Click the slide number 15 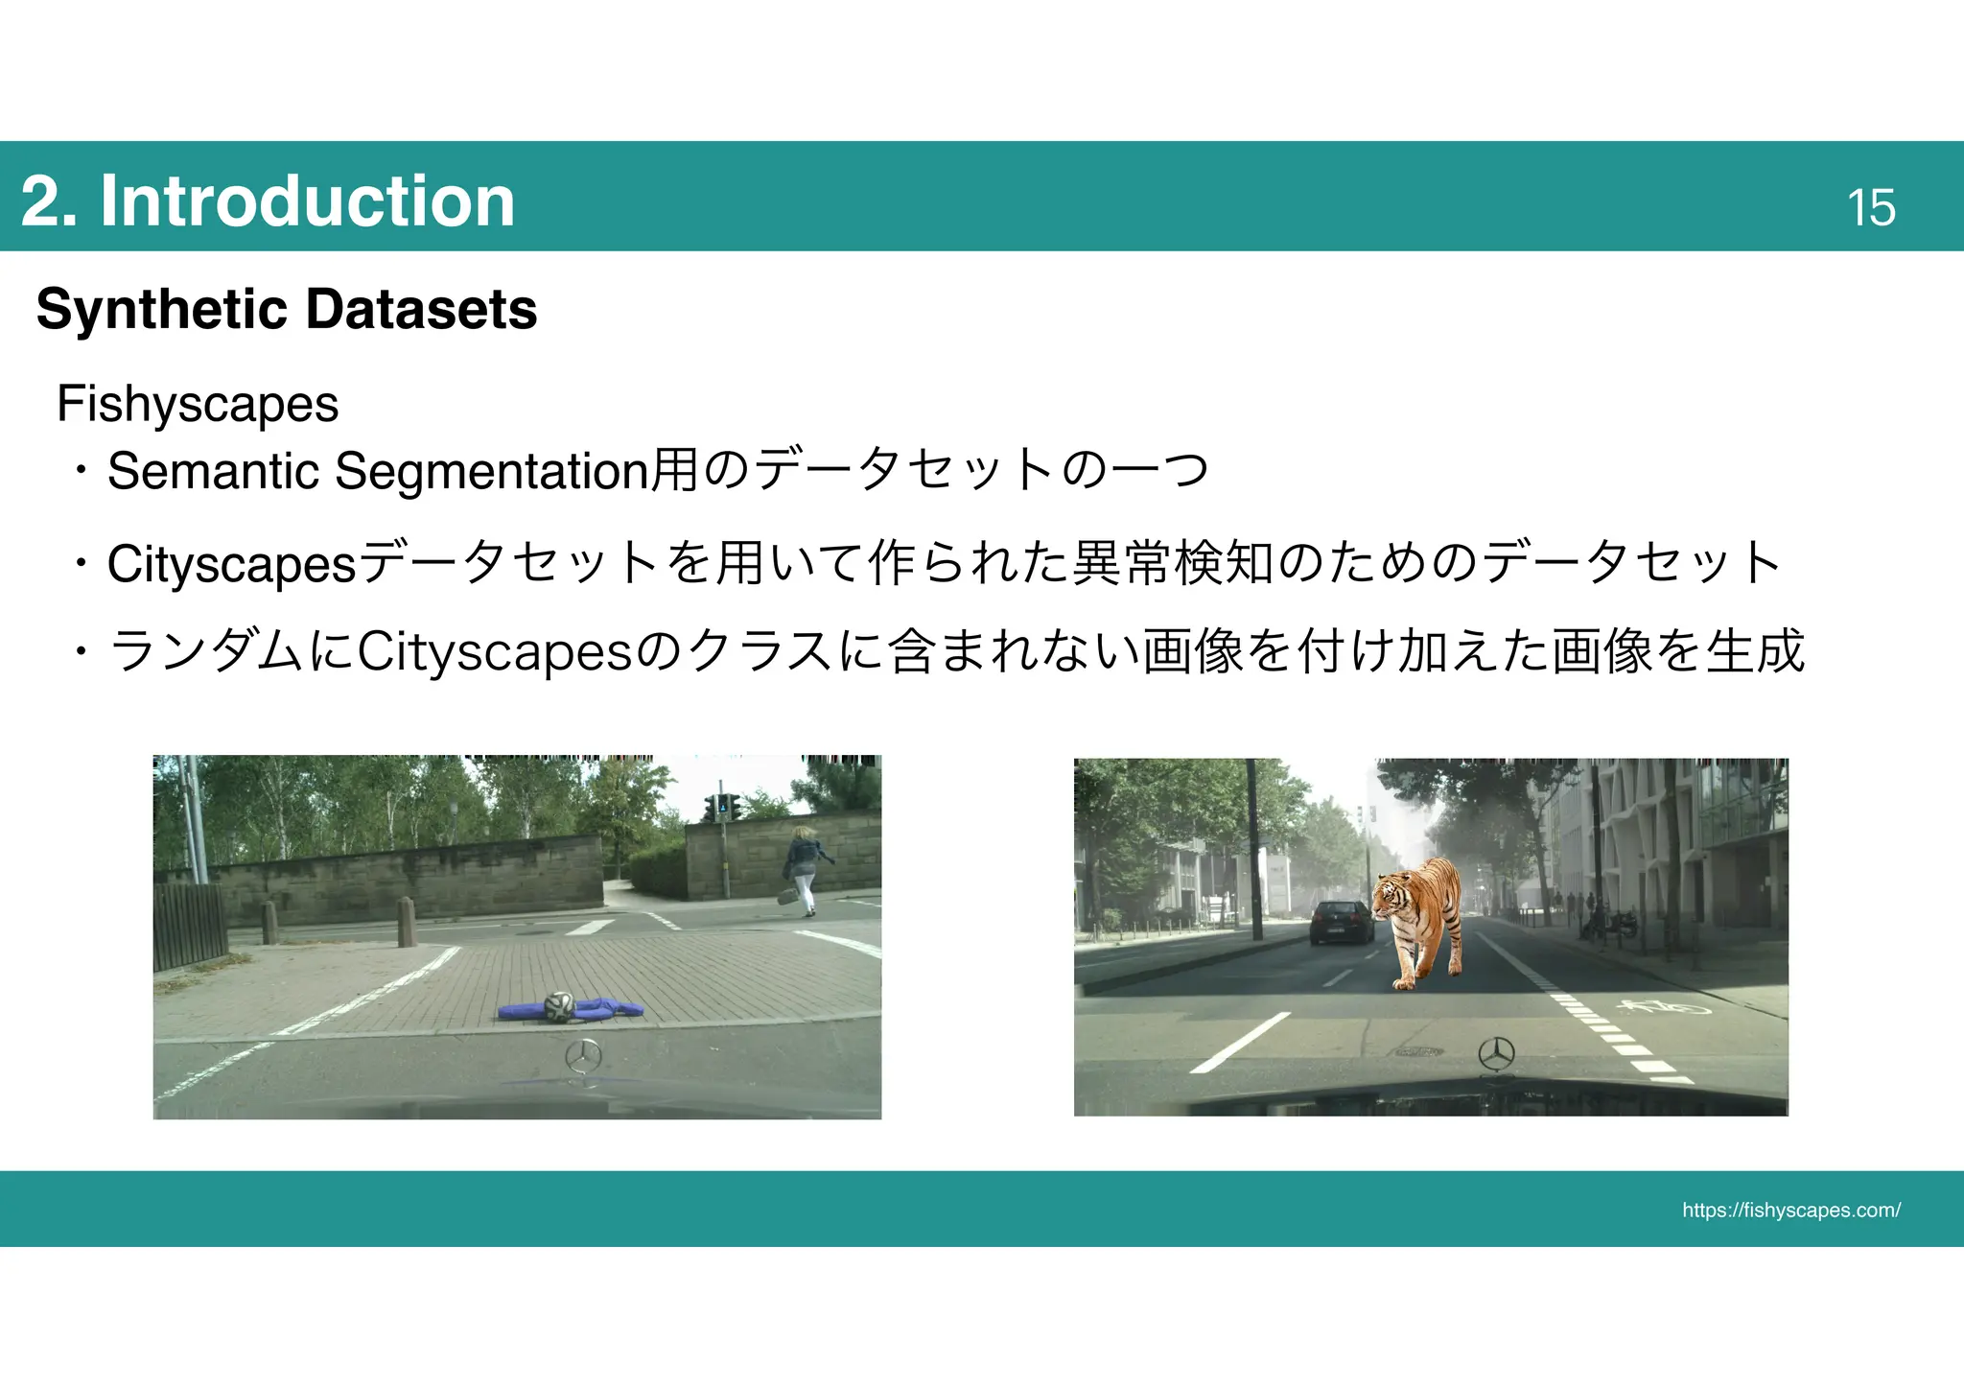[1871, 207]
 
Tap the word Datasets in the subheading [420, 309]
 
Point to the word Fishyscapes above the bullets [198, 403]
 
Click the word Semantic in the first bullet [213, 471]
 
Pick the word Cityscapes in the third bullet [495, 652]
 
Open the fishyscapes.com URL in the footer [1790, 1210]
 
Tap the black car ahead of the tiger [1341, 922]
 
